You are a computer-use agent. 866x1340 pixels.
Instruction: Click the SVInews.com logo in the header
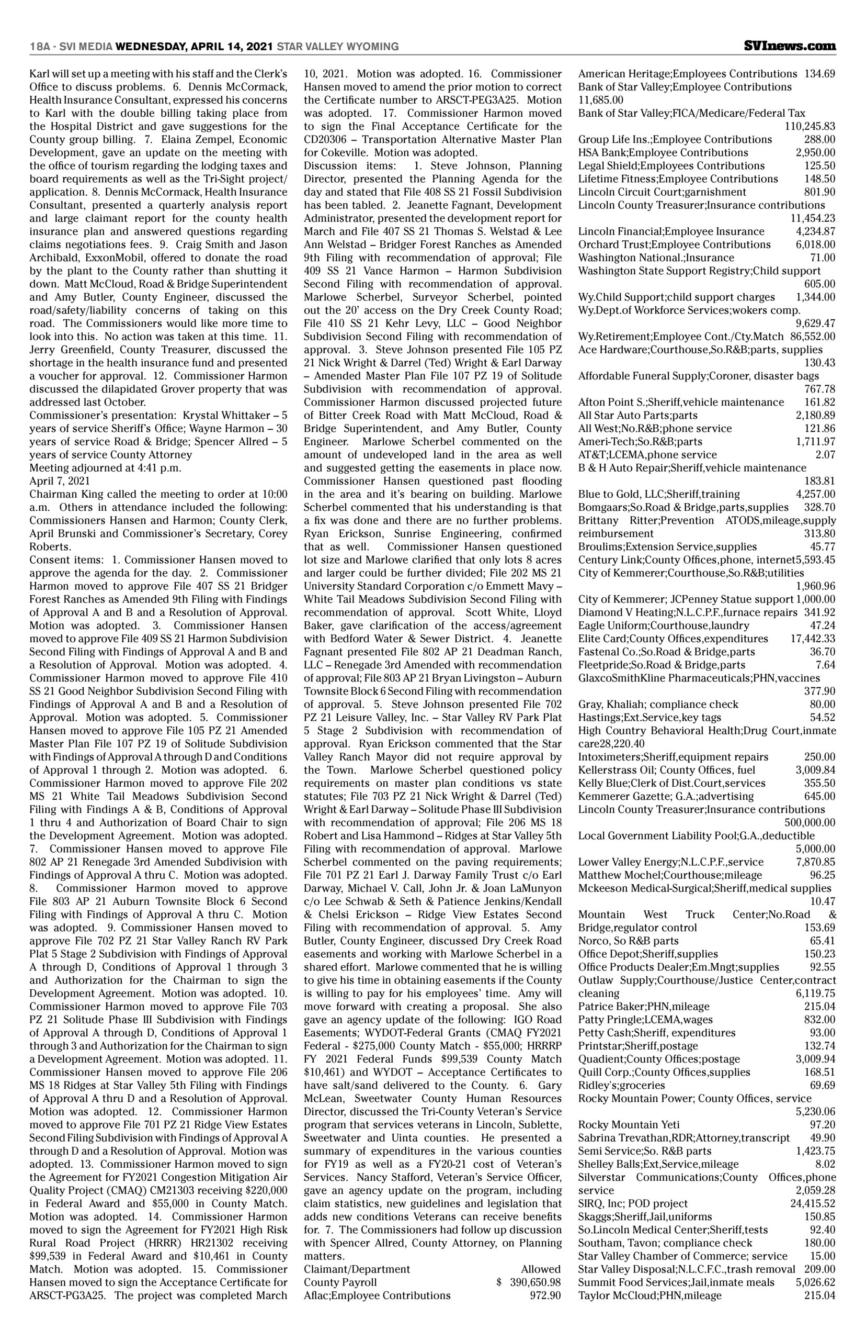tap(790, 46)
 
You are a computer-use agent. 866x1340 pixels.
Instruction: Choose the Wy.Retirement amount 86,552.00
tap(813, 337)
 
